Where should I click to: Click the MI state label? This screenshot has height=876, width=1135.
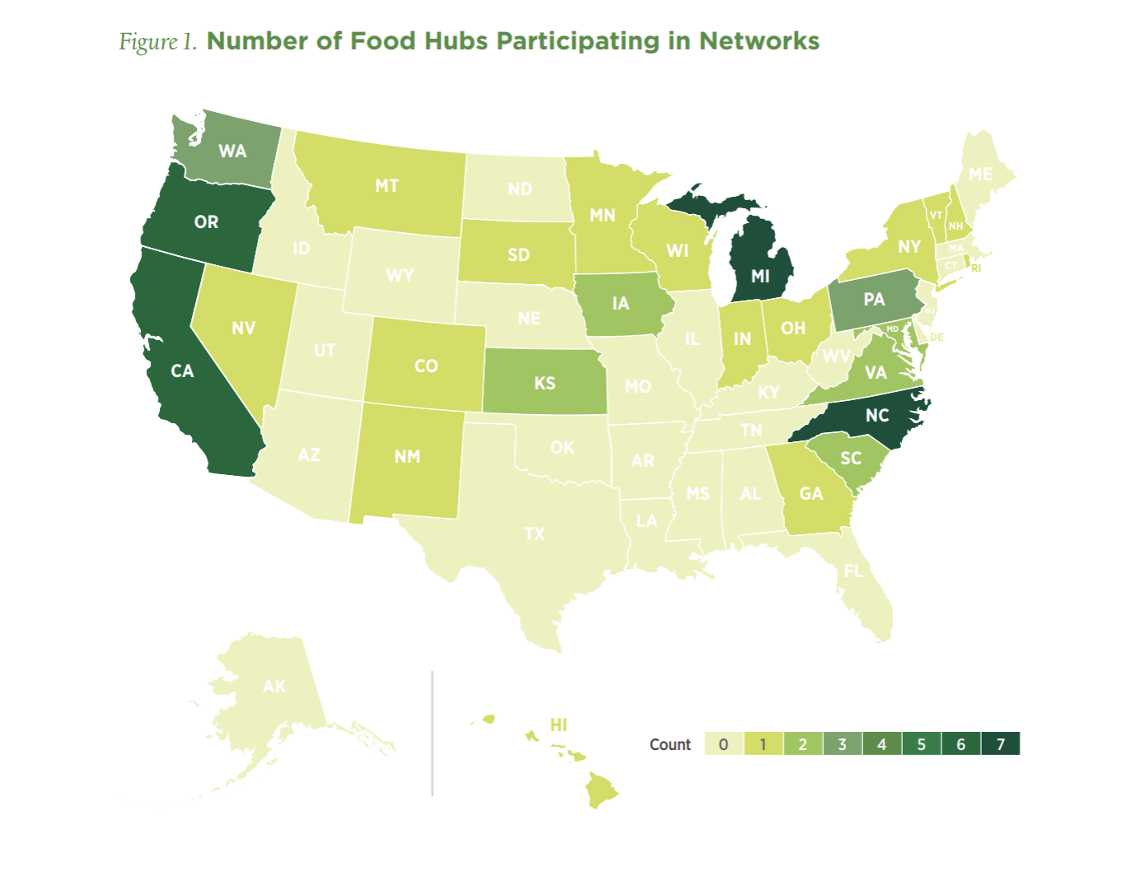[760, 277]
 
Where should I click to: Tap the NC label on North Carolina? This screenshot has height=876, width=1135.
[877, 416]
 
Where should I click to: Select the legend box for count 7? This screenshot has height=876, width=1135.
[1000, 744]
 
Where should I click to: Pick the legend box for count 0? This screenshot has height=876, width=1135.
[723, 744]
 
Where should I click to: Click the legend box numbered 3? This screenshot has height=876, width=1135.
[842, 744]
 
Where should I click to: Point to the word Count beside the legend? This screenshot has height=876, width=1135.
[670, 744]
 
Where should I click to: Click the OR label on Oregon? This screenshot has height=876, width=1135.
[206, 222]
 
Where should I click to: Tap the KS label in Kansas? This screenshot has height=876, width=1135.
[544, 384]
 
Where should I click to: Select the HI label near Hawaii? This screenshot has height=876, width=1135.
[558, 725]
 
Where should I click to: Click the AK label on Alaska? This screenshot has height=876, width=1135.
[274, 687]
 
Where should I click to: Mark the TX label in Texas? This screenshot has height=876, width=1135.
[535, 534]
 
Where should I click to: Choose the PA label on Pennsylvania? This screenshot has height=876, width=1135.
[874, 300]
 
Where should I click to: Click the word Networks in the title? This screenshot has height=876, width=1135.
[759, 41]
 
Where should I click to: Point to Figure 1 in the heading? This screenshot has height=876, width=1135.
[158, 42]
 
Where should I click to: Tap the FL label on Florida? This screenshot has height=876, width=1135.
[853, 571]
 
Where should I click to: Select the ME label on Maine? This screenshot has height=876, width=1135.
[980, 175]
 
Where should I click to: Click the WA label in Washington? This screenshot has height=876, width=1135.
[232, 151]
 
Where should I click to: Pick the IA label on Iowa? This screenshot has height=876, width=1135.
[620, 304]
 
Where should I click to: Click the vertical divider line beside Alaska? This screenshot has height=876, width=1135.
[432, 733]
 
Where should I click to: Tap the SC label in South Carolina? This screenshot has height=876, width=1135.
[851, 459]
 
